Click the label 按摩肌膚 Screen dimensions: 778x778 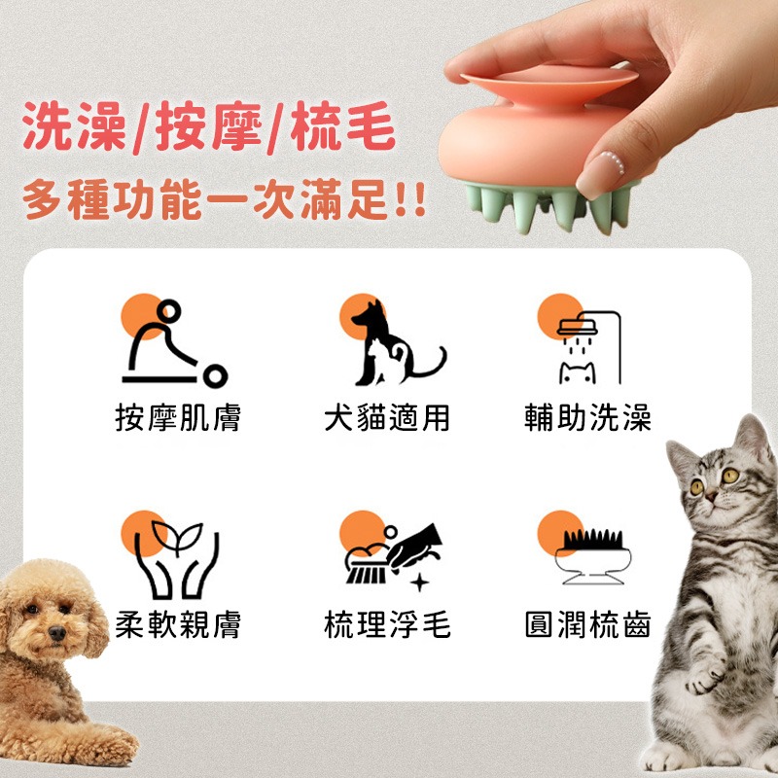point(178,417)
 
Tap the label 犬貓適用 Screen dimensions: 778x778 point(386,417)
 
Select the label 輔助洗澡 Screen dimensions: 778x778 point(587,417)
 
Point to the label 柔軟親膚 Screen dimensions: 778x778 point(178,624)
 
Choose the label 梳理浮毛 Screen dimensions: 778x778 point(386,624)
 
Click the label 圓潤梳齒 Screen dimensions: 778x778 point(587,624)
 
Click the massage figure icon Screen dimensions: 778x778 point(174,342)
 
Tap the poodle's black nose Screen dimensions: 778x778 point(57,633)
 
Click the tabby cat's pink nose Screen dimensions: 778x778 point(712,495)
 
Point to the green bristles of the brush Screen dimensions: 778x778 point(546,206)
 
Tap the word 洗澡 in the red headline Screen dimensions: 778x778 point(75,126)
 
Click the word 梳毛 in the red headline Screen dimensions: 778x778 point(343,126)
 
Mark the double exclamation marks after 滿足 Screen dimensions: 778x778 point(411,199)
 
